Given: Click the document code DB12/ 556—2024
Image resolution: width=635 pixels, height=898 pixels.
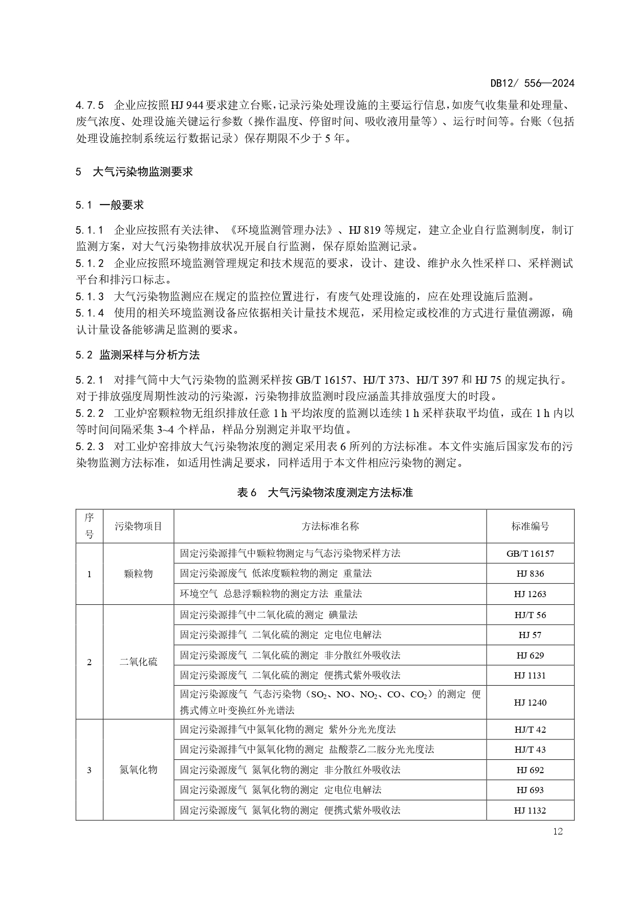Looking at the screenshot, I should coord(532,83).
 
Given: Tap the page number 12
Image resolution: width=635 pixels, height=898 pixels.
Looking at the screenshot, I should coord(558,831).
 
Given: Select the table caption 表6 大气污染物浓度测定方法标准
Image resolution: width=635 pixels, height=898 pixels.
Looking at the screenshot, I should coord(324,492).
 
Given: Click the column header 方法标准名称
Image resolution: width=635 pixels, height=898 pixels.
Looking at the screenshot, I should coord(330,526).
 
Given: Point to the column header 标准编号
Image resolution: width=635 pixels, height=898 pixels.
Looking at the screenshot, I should coord(530,526).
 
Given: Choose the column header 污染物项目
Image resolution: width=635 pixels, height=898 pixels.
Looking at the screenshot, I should coord(138,526).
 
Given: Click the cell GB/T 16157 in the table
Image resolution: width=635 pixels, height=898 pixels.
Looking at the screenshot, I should coord(530,554).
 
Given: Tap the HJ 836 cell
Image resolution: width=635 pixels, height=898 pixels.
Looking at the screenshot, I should coord(530,574).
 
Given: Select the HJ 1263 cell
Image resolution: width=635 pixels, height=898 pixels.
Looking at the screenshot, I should coord(530,594).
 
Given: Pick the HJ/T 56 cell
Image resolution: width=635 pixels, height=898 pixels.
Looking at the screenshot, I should coord(530,615).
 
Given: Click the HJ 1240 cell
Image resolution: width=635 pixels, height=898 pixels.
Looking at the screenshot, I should coord(530,703).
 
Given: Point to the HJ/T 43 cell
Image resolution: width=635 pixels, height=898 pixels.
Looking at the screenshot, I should coord(530,750).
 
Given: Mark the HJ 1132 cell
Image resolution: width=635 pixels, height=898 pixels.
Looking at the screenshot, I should coord(530,811).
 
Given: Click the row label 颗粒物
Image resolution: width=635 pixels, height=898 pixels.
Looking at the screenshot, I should coord(138,574).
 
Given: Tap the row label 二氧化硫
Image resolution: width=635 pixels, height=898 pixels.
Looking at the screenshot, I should coord(138,662).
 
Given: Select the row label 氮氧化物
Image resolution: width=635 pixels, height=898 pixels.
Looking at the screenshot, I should coord(138,770).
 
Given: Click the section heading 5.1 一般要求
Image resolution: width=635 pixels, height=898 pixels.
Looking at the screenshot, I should coord(110,205).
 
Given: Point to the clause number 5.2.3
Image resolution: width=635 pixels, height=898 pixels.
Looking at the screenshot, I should coord(90,447).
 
